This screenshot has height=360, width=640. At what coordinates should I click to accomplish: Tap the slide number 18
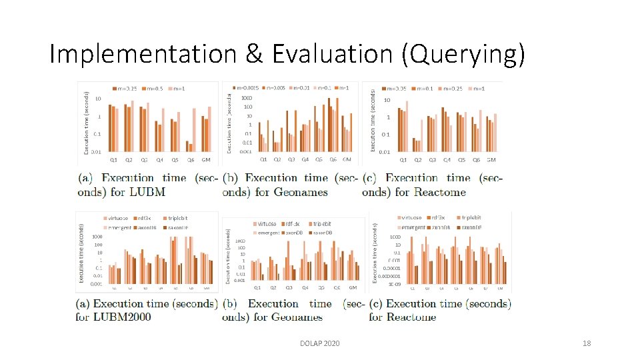(587, 343)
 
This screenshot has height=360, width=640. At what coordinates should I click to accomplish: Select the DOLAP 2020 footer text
(320, 343)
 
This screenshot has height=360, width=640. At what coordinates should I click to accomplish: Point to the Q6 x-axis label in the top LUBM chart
(191, 160)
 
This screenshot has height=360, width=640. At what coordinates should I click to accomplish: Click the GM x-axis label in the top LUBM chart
(207, 160)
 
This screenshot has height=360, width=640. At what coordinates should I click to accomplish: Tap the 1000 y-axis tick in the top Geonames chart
(247, 98)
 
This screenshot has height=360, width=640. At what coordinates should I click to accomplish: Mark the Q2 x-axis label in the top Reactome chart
(418, 160)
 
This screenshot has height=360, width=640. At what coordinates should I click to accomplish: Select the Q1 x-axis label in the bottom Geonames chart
(257, 287)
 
